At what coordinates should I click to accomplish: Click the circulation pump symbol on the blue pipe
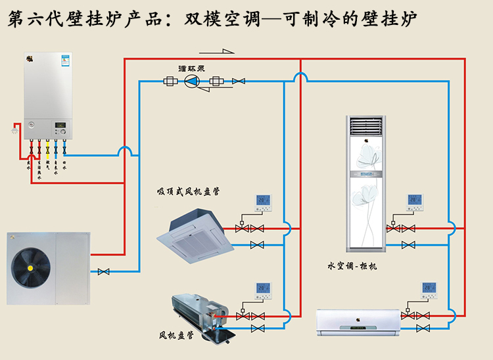(191, 81)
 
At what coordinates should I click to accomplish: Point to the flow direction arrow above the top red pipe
(223, 53)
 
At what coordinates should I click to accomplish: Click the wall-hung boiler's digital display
(60, 124)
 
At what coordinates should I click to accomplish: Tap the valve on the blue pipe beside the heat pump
(103, 271)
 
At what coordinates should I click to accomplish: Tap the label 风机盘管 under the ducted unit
(176, 336)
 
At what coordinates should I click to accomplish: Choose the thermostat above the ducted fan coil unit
(264, 290)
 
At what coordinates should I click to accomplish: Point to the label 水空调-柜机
(352, 266)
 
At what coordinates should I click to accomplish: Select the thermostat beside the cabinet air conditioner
(414, 201)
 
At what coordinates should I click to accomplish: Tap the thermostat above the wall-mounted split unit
(430, 290)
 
